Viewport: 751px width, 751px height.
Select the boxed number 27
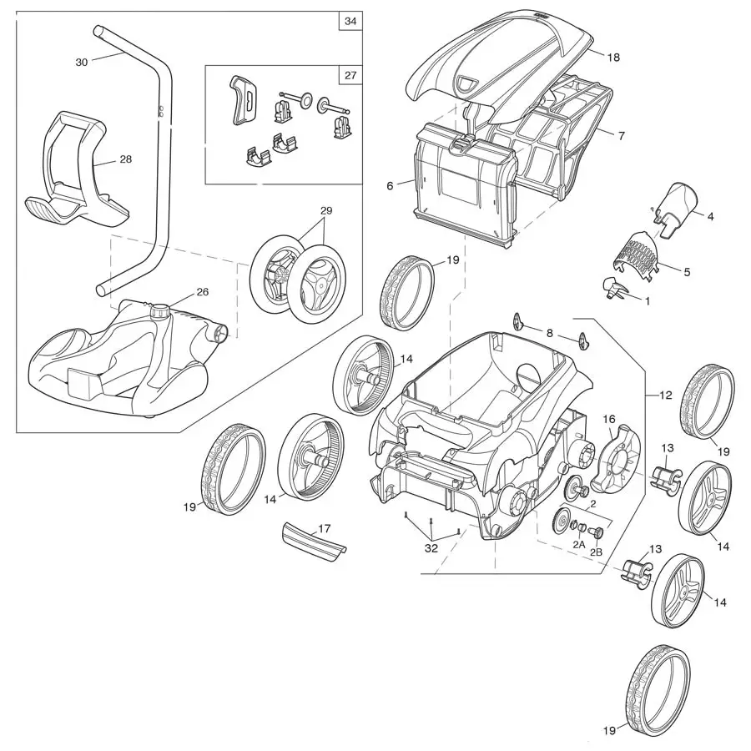350,75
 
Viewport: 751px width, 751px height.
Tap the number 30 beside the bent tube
81,63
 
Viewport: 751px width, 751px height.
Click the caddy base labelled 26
117,359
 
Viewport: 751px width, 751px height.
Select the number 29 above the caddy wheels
325,212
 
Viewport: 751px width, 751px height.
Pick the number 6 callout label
389,186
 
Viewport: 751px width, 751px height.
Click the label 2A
578,544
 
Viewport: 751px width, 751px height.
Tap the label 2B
597,552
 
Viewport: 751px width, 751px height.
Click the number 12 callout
664,396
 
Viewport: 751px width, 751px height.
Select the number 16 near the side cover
608,419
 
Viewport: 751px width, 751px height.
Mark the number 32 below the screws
431,548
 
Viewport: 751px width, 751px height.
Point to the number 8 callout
549,333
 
